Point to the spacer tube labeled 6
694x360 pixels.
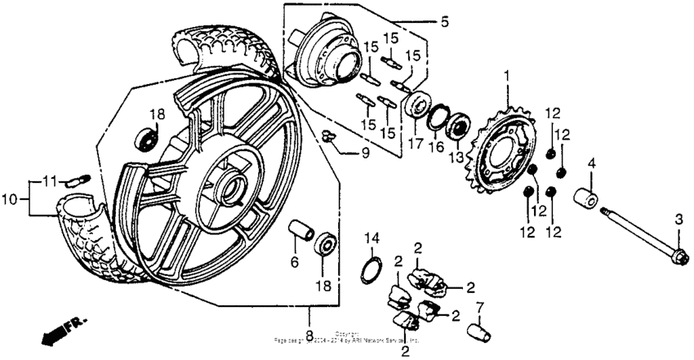coord(302,232)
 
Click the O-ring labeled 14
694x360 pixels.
coord(372,267)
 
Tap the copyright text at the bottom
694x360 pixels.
coord(347,337)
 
